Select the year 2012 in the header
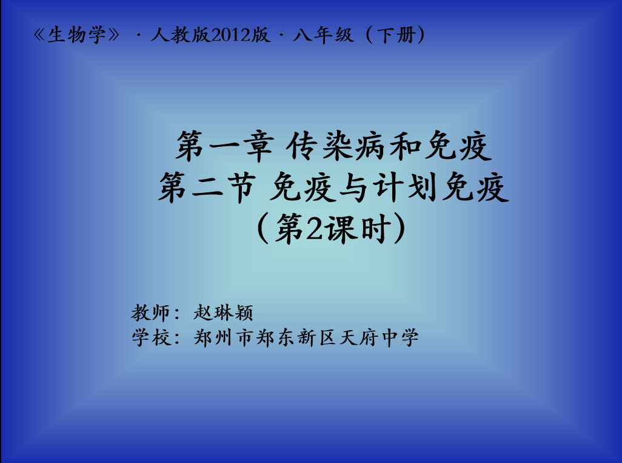(x=230, y=35)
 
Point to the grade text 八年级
(x=323, y=35)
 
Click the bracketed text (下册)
(x=395, y=35)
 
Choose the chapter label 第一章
(x=225, y=146)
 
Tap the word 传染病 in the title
(x=336, y=146)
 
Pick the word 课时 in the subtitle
(x=356, y=228)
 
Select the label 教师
(x=150, y=313)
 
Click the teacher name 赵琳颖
(x=223, y=313)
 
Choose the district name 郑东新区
(x=296, y=338)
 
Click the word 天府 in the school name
(x=359, y=338)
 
